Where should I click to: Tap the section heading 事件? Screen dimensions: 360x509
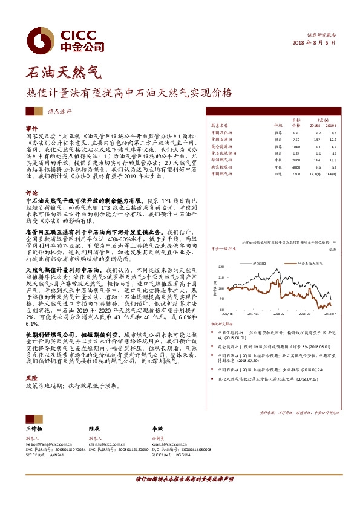pos(31,129)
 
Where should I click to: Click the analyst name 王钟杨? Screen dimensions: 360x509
pos(34,427)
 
